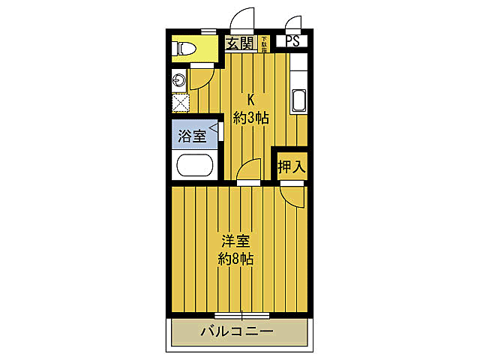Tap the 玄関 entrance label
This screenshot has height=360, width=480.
[x=240, y=43]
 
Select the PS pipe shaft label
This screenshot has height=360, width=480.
[x=292, y=42]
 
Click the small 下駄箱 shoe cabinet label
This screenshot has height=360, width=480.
[x=264, y=43]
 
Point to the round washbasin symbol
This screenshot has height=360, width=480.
[x=180, y=80]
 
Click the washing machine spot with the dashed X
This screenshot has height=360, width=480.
[x=181, y=102]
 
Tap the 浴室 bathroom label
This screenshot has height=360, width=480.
[x=192, y=136]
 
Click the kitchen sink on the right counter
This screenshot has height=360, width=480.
[x=298, y=100]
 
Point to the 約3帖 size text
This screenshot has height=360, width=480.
[x=250, y=118]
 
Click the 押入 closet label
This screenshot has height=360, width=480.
[x=292, y=166]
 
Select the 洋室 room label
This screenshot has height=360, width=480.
[x=235, y=241]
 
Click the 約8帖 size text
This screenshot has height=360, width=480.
[x=235, y=259]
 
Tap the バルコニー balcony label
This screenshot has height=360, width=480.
[x=236, y=331]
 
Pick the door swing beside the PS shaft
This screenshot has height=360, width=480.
[x=292, y=23]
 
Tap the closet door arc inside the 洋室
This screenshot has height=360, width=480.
[x=293, y=196]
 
